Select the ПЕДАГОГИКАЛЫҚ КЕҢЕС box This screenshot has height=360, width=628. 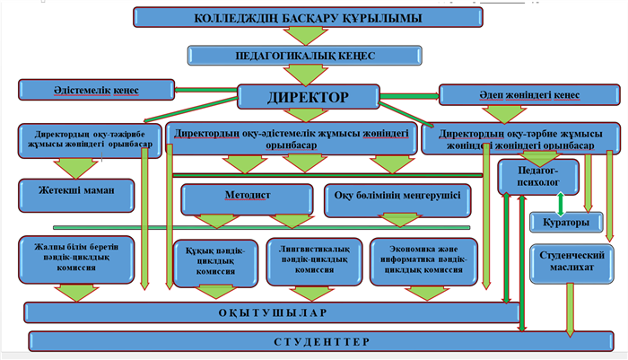[305, 55]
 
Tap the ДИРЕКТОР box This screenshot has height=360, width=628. [306, 96]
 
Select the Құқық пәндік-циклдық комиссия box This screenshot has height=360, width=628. [211, 261]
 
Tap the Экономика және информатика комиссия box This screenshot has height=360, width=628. [423, 260]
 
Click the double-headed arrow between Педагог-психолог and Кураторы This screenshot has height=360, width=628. [562, 202]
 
